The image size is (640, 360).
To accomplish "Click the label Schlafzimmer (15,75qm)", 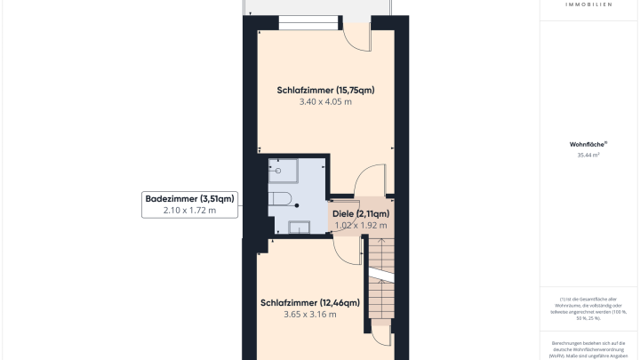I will pos(325,90).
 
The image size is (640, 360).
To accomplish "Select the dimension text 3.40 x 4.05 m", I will pos(325,102).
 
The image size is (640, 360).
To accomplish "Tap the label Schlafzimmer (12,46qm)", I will pos(309,303).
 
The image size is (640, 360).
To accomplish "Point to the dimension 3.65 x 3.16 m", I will pos(310,315).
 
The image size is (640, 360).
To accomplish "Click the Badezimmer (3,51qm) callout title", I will pos(189,198).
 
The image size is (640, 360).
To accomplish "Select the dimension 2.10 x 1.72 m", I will pos(189,211).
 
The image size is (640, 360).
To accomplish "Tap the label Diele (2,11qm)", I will pos(361,214).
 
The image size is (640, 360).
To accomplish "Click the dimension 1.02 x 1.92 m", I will pos(361,226).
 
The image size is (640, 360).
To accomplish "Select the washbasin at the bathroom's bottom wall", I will pos(300,227).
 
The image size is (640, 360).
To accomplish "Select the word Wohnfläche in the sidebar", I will pos(588,143).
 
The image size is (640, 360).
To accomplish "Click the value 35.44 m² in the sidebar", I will pos(588,155).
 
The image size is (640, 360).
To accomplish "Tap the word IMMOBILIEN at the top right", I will pos(588,4).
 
